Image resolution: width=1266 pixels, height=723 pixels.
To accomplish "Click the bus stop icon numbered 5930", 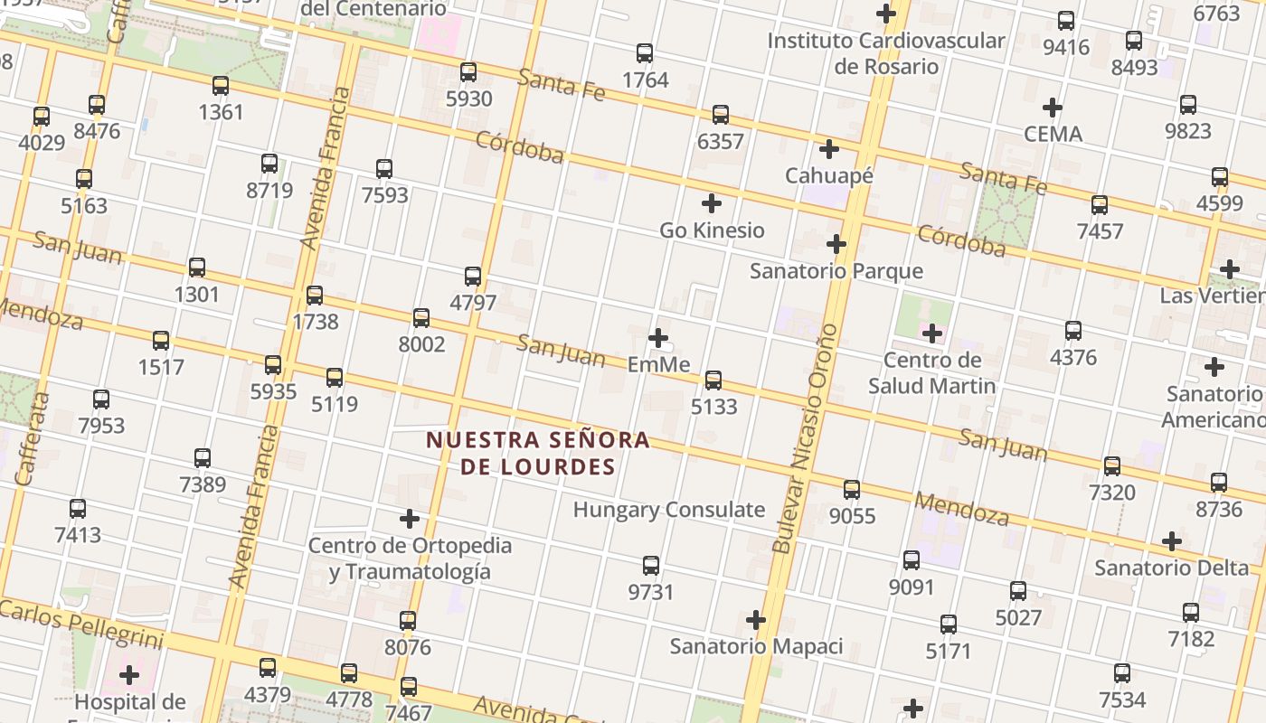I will pos(468,72).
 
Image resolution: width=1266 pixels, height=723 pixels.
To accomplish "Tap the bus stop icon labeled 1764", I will pos(645,53).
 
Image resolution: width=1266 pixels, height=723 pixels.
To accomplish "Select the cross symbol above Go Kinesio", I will pos(712,203).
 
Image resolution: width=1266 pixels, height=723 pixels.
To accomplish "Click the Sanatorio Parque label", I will pos(836,270).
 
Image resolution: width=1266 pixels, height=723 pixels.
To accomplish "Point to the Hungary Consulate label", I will pos(669,510).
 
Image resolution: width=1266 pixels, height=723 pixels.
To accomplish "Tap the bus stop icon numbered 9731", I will pos(651,567).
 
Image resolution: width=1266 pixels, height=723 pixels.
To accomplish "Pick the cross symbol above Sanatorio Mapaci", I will pos(756,620).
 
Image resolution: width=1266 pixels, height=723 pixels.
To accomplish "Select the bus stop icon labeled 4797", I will pos(473,277).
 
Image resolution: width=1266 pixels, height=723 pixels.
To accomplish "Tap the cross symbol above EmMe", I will pos(658,339).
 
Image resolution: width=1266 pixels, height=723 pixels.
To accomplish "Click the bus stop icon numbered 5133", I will pos(713,380).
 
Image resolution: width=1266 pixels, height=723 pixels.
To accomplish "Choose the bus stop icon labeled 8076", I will pos(408,621).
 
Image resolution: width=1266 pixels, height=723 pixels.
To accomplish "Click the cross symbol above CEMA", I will pos(1053,108).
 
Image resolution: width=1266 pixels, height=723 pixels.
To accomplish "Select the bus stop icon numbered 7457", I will pos(1100,205).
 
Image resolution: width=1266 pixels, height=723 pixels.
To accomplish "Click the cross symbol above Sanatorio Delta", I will pos(1172,541).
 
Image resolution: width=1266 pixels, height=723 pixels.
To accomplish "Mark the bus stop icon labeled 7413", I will pos(78,509).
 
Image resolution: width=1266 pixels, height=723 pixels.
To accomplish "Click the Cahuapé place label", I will pos(829,175).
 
